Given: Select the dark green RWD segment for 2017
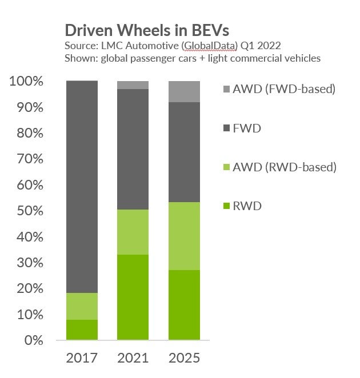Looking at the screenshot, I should point(82,329).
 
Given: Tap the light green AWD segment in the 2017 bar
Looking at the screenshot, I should point(82,306).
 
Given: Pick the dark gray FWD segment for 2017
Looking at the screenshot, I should point(82,187).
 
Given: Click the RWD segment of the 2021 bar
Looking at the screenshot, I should point(133,297).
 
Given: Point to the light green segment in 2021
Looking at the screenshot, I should point(133,232).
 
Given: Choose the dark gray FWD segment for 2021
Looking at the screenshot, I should point(133,149).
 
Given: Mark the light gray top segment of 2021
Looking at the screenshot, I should point(133,85).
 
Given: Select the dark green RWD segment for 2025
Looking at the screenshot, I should point(184,305).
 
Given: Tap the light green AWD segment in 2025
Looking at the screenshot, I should point(184,236).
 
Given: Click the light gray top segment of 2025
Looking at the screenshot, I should point(184,91).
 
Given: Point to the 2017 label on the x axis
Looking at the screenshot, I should point(82,358).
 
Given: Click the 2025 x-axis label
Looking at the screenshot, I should point(184,358).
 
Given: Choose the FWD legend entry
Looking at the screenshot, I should point(246,128).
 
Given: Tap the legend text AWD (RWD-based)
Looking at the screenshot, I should point(285,167).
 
